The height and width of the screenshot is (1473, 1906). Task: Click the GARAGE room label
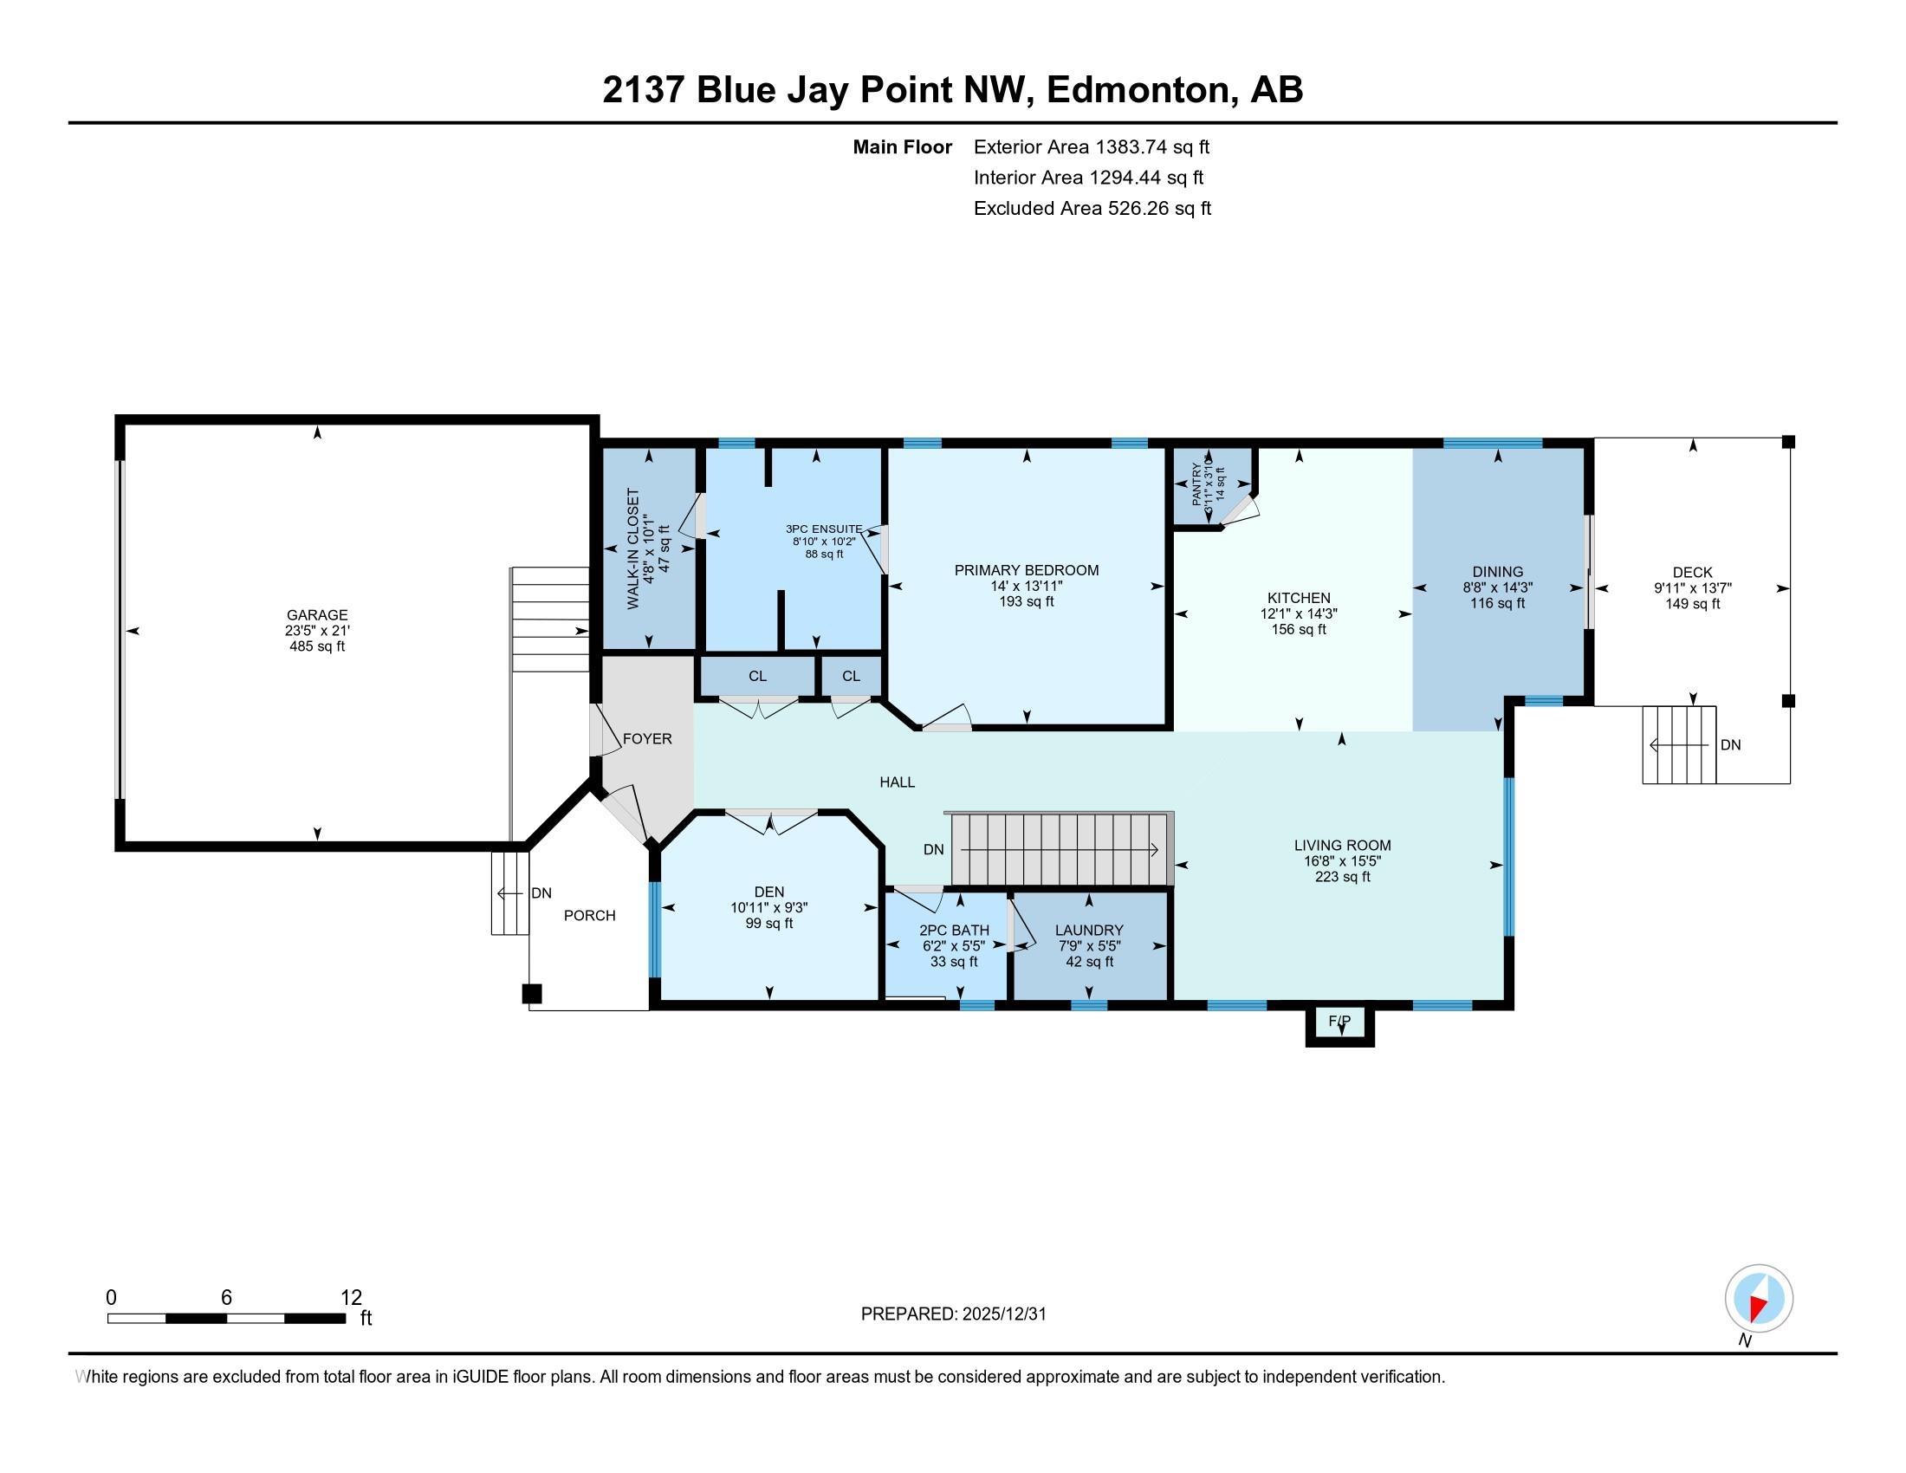click(x=317, y=614)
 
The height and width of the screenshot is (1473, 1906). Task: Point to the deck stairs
click(x=1679, y=744)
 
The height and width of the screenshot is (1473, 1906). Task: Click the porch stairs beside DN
click(x=509, y=892)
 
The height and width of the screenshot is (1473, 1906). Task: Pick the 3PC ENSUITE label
click(x=824, y=529)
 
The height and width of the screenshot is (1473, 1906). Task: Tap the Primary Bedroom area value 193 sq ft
click(x=1027, y=601)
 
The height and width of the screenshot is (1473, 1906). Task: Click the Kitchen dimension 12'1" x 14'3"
click(x=1299, y=613)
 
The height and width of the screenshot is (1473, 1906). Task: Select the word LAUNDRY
click(x=1088, y=931)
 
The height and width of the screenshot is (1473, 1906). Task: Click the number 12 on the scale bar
click(x=351, y=1297)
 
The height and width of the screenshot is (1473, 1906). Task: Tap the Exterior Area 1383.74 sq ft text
click(x=1092, y=146)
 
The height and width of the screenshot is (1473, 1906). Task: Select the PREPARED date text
click(x=953, y=1314)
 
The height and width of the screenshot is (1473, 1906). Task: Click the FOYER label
click(x=646, y=738)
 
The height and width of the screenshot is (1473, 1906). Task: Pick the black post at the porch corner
click(x=531, y=993)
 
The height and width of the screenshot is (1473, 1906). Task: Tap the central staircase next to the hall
click(x=1060, y=849)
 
